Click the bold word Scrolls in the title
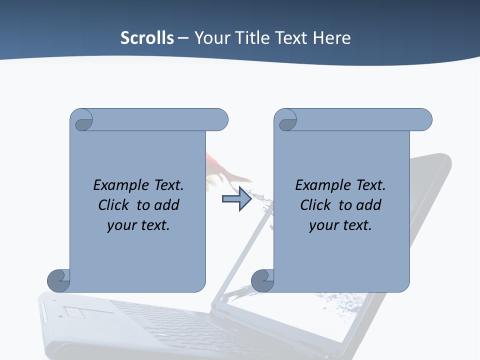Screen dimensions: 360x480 point(147,38)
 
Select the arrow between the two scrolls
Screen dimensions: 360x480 point(236,199)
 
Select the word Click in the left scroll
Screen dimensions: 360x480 point(115,205)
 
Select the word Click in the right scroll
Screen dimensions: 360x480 point(317,205)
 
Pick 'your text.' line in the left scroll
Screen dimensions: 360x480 point(138,225)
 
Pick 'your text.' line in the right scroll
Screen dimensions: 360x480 point(340,225)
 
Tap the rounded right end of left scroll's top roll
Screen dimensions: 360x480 point(220,120)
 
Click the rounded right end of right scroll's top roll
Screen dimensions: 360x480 point(424,120)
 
